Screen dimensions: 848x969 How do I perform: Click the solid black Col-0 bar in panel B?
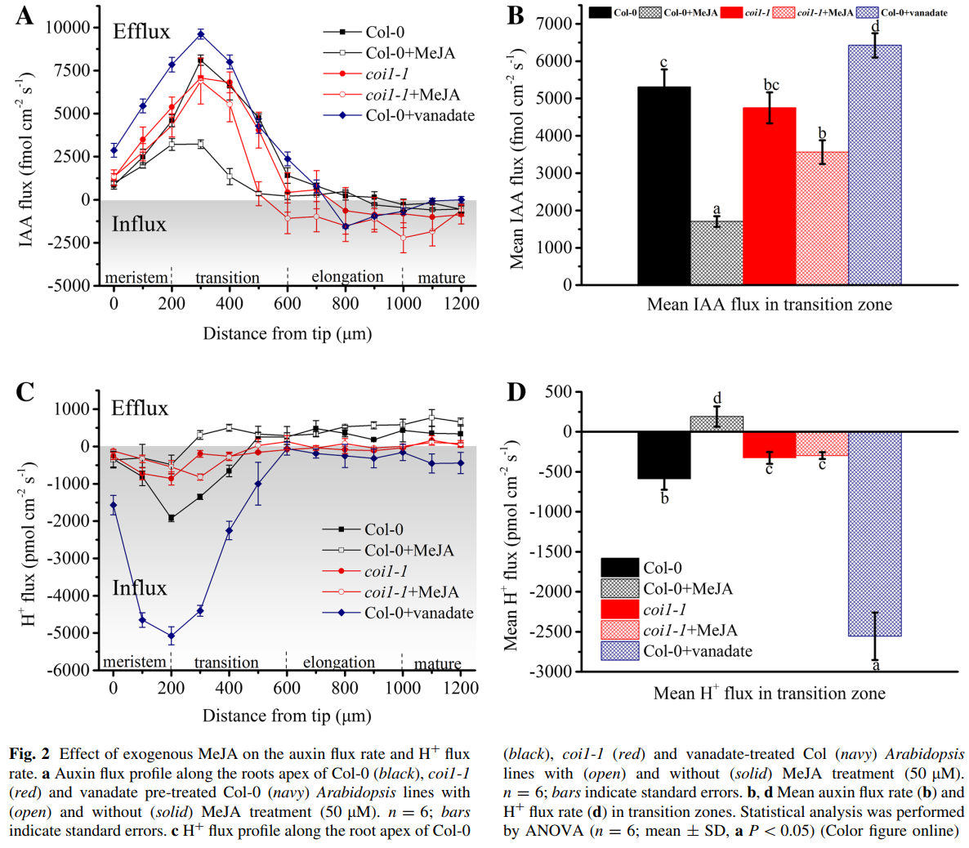(x=663, y=185)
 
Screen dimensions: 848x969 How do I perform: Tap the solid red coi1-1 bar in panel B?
(x=769, y=196)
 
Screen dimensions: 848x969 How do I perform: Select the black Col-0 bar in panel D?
(x=663, y=455)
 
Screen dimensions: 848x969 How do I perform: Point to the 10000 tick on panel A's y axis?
(x=67, y=28)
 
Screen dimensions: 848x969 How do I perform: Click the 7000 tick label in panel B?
(x=554, y=24)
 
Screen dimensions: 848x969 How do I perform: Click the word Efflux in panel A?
(x=141, y=32)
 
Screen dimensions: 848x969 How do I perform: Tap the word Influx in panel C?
(x=139, y=588)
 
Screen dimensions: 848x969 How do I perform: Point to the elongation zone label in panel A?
(x=347, y=277)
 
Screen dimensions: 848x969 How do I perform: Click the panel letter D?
(x=516, y=392)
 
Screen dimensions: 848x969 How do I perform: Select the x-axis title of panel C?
(x=287, y=716)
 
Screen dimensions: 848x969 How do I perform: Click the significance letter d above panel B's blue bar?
(x=875, y=27)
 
